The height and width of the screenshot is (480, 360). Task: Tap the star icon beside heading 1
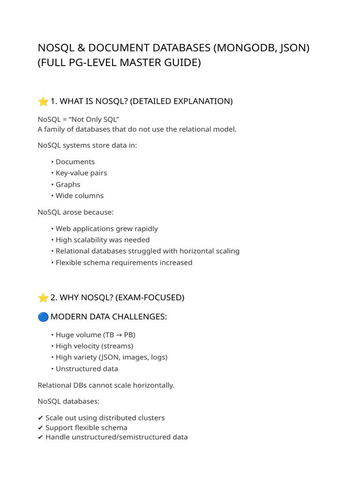click(x=43, y=101)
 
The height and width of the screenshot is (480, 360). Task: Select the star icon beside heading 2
click(x=43, y=298)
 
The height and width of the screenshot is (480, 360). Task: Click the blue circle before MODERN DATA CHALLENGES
click(x=43, y=317)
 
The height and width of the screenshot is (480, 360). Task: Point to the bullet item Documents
click(x=75, y=162)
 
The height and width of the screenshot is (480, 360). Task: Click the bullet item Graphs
click(x=68, y=184)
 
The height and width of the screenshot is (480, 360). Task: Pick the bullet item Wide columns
click(x=80, y=195)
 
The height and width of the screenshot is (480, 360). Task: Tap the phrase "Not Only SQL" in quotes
click(x=94, y=119)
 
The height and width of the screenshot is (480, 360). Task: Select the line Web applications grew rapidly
click(x=106, y=229)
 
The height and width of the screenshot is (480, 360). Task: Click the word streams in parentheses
click(x=118, y=346)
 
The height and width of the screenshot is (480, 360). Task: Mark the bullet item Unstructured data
click(x=87, y=368)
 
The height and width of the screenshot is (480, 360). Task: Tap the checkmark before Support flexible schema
click(x=40, y=427)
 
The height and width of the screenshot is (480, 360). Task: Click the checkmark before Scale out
click(x=40, y=418)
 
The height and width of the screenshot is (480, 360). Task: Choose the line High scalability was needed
click(x=103, y=240)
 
